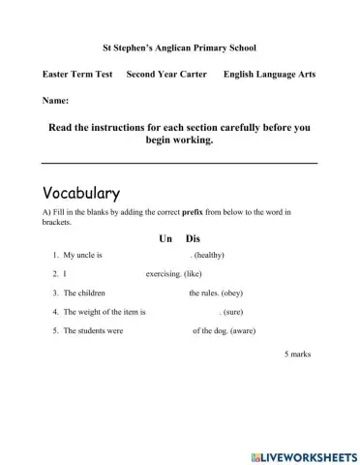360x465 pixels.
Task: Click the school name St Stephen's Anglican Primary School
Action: click(x=179, y=46)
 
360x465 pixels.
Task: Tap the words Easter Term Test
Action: click(x=79, y=75)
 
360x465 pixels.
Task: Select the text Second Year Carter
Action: click(x=166, y=75)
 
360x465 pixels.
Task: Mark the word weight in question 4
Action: click(x=91, y=312)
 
